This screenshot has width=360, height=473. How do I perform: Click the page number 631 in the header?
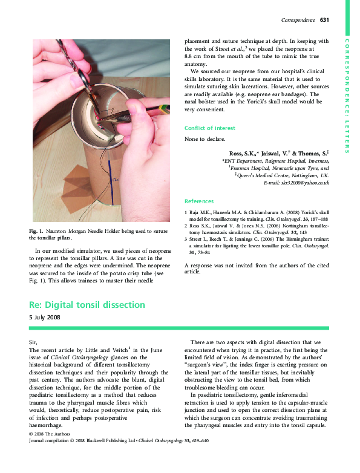pyautogui.click(x=324, y=21)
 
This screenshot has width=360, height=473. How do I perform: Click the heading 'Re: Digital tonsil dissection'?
pyautogui.click(x=87, y=304)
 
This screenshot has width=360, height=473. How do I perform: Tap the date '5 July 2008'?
pyautogui.click(x=45, y=317)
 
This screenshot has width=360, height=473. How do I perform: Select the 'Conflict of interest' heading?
pyautogui.click(x=210, y=128)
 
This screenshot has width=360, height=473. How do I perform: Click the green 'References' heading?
pyautogui.click(x=199, y=201)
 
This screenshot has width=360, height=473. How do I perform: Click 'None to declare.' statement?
pyautogui.click(x=205, y=139)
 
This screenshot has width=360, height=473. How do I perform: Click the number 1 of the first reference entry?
pyautogui.click(x=186, y=213)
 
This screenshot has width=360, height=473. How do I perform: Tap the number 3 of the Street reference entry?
pyautogui.click(x=186, y=240)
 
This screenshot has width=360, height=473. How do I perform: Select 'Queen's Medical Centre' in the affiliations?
pyautogui.click(x=263, y=175)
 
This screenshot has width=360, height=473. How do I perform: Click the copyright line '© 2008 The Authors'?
pyautogui.click(x=50, y=451)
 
